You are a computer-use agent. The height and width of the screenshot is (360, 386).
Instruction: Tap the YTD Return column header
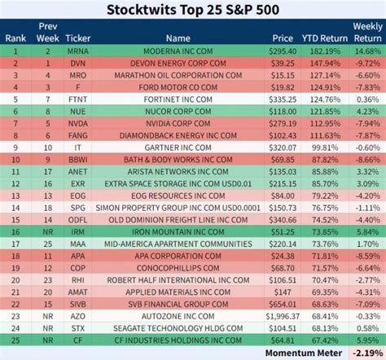click(318, 37)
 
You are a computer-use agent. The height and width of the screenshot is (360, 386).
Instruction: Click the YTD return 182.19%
click(319, 51)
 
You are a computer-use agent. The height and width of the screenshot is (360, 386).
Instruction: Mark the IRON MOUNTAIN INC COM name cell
click(178, 232)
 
